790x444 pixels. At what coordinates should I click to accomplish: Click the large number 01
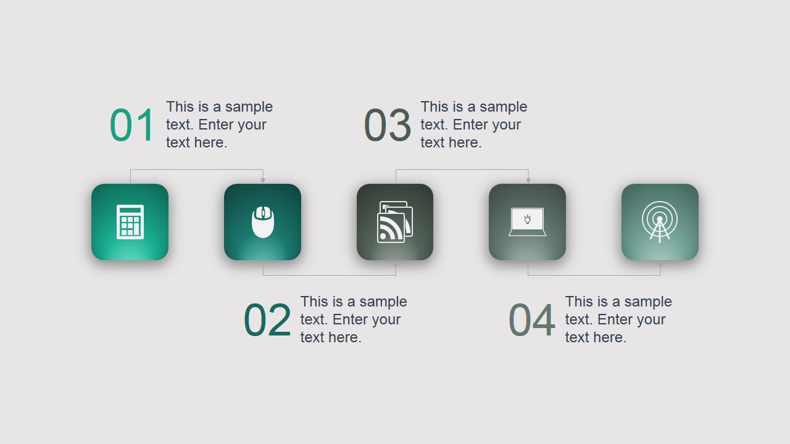[x=131, y=125]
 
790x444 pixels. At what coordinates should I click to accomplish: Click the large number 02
[x=267, y=320]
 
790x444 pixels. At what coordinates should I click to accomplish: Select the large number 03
[x=387, y=125]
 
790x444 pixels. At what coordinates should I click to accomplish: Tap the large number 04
[x=531, y=320]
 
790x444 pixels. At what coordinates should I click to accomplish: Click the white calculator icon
[x=130, y=222]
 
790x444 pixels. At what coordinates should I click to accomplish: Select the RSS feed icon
[x=394, y=221]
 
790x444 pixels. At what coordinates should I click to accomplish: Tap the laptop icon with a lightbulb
[x=527, y=222]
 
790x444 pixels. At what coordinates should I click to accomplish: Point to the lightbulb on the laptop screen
[x=528, y=219]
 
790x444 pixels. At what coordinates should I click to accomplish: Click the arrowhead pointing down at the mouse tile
[x=263, y=180]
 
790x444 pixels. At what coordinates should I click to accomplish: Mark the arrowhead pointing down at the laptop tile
[x=528, y=180]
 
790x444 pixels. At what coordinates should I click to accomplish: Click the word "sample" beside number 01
[x=249, y=107]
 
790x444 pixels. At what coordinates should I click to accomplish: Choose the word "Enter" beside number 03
[x=470, y=125]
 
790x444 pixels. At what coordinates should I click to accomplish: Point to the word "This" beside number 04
[x=578, y=302]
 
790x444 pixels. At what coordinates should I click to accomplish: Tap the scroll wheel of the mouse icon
[x=263, y=213]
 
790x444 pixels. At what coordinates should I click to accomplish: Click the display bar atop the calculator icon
[x=130, y=211]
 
